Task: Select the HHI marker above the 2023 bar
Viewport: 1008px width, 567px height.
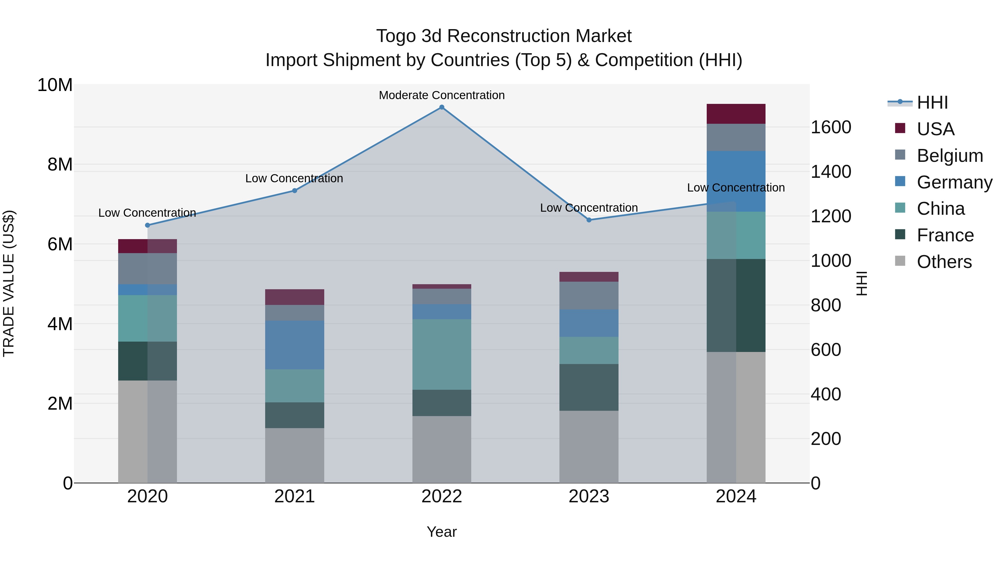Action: coord(589,220)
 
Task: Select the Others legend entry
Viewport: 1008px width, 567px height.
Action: coord(944,262)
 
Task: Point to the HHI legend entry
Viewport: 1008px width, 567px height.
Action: coord(932,102)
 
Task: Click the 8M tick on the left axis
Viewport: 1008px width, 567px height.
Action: coord(60,164)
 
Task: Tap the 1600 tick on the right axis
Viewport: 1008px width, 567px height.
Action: coord(830,127)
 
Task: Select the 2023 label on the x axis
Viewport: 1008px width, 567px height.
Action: coord(589,496)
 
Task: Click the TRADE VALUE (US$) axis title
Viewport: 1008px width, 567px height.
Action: coord(9,283)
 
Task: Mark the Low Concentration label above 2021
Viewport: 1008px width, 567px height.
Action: coord(294,178)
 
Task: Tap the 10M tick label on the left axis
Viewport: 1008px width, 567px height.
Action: coord(55,85)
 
